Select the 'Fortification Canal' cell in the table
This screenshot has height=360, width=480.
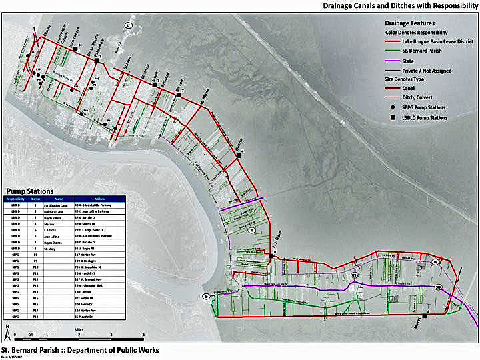pos(59,205)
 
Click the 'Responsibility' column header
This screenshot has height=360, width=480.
pos(15,198)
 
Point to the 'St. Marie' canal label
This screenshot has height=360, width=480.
pos(206,105)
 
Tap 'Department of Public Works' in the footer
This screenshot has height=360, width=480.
pos(113,349)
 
